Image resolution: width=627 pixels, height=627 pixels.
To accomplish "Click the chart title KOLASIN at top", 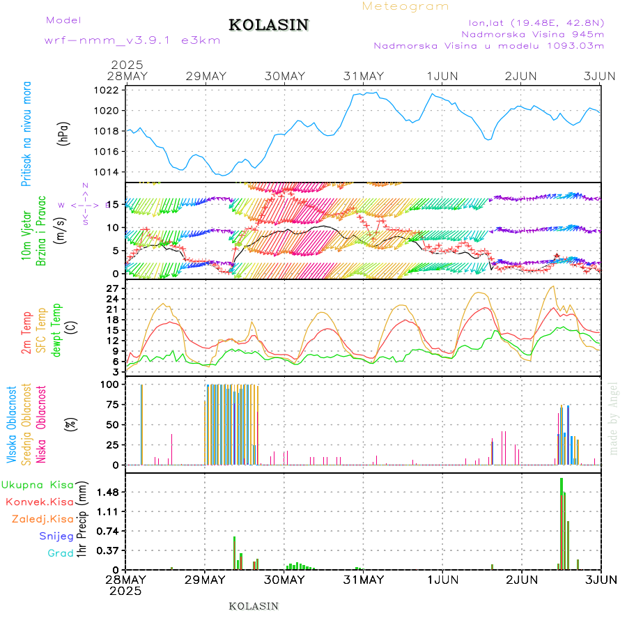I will tap(268, 25).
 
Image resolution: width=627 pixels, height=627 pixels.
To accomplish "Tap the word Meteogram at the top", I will tap(405, 6).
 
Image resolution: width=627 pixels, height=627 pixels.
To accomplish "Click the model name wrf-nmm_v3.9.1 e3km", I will tap(132, 40).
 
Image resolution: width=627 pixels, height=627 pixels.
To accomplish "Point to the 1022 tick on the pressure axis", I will tap(107, 90).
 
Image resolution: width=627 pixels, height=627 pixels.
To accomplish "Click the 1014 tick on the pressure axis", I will tap(107, 172).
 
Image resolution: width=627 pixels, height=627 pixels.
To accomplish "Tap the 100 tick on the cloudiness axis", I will tap(111, 384).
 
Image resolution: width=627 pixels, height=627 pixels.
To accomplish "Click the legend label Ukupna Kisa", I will tap(38, 484).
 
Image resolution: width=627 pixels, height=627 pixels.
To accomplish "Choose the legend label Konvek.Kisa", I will tap(39, 502).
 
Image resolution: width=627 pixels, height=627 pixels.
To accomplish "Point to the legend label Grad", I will tap(61, 553).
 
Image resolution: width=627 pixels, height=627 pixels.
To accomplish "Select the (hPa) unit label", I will tap(64, 133).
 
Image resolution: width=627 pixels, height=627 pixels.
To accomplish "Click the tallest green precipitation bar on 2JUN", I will tap(562, 522).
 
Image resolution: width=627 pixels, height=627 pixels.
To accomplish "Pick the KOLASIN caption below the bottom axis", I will tap(254, 606).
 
